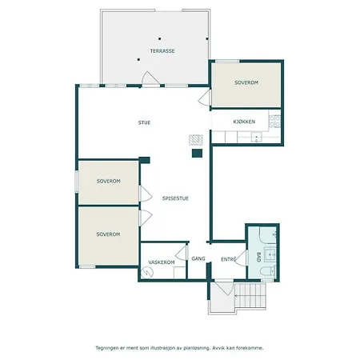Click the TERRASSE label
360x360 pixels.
(x=162, y=50)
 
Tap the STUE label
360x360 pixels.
(x=144, y=122)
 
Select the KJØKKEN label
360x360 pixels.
(x=244, y=122)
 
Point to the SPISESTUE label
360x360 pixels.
(x=175, y=198)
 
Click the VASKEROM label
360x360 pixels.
(x=162, y=262)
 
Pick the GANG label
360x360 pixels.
(x=198, y=258)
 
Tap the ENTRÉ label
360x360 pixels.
(x=229, y=258)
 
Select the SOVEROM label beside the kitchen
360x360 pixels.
(x=246, y=82)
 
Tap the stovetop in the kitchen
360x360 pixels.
(x=275, y=122)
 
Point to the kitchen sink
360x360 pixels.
(x=257, y=138)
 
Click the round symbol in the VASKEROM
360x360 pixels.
(x=146, y=272)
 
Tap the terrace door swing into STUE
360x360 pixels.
(x=149, y=78)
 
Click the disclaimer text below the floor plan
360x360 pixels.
(x=179, y=348)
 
